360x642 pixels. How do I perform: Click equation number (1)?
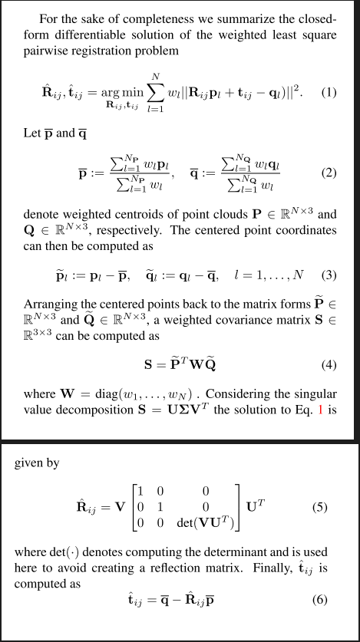click(329, 93)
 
